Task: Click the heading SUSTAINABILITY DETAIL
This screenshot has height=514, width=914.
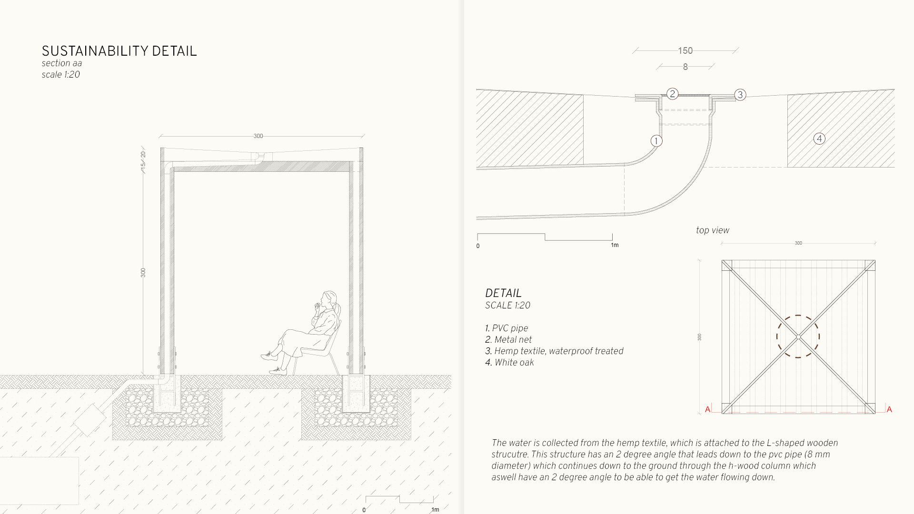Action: (119, 51)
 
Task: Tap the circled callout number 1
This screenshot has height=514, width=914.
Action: (656, 141)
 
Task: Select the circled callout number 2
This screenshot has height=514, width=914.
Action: (672, 94)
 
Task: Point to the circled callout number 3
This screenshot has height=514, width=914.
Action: (740, 95)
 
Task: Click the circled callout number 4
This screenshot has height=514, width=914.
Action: (819, 139)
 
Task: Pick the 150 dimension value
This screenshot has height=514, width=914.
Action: (685, 51)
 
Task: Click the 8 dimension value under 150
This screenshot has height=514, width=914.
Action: (685, 67)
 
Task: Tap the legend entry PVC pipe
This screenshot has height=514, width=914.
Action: (507, 328)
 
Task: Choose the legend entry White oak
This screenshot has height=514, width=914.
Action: (509, 363)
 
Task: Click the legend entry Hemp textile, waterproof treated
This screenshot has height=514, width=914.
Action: (554, 351)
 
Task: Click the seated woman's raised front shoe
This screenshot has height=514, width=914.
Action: (268, 356)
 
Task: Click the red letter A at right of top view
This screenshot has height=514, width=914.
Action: (889, 409)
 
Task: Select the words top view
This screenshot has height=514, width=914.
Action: (712, 230)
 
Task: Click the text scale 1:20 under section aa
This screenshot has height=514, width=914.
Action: (60, 75)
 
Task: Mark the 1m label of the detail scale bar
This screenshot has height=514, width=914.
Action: (615, 245)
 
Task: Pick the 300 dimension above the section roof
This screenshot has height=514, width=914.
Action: (258, 136)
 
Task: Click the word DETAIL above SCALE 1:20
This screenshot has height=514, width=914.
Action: (503, 293)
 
